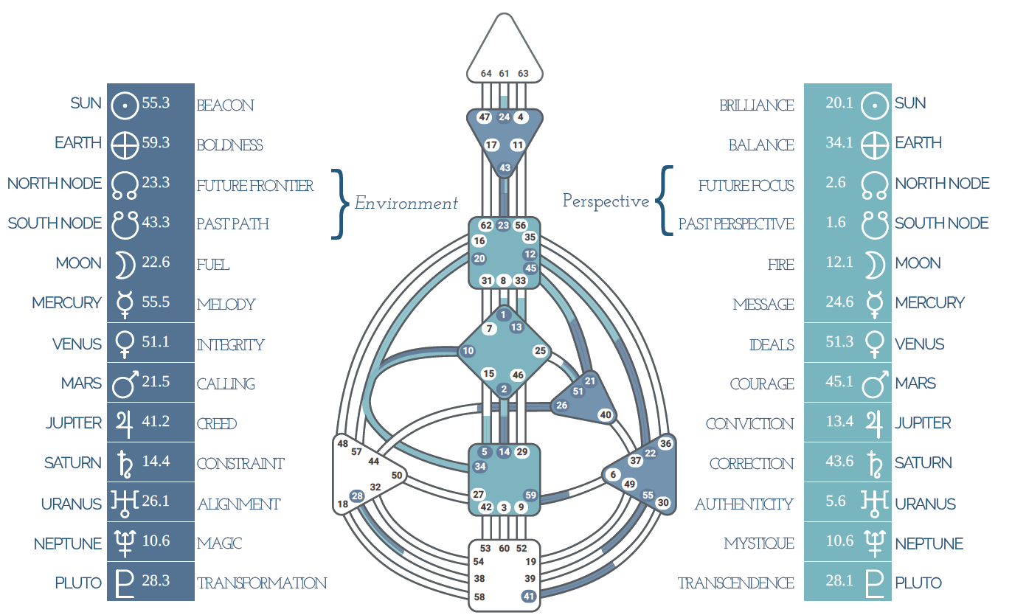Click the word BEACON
[225, 105]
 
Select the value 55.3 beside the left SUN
[156, 103]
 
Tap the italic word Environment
[406, 204]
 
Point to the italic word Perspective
[606, 201]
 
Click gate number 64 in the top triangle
[486, 74]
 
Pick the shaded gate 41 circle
[529, 596]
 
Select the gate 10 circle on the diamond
[468, 350]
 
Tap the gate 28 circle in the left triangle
[357, 496]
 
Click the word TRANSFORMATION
[262, 583]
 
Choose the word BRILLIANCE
[757, 105]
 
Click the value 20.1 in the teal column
[839, 103]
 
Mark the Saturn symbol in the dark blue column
[125, 464]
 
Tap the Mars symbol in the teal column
[875, 384]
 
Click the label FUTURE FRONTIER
[254, 186]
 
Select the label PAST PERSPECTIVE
[736, 224]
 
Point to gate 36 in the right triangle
[665, 443]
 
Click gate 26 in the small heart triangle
[561, 405]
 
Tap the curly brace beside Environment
[341, 204]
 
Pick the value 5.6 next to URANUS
[836, 501]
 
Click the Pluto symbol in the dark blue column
[125, 584]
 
